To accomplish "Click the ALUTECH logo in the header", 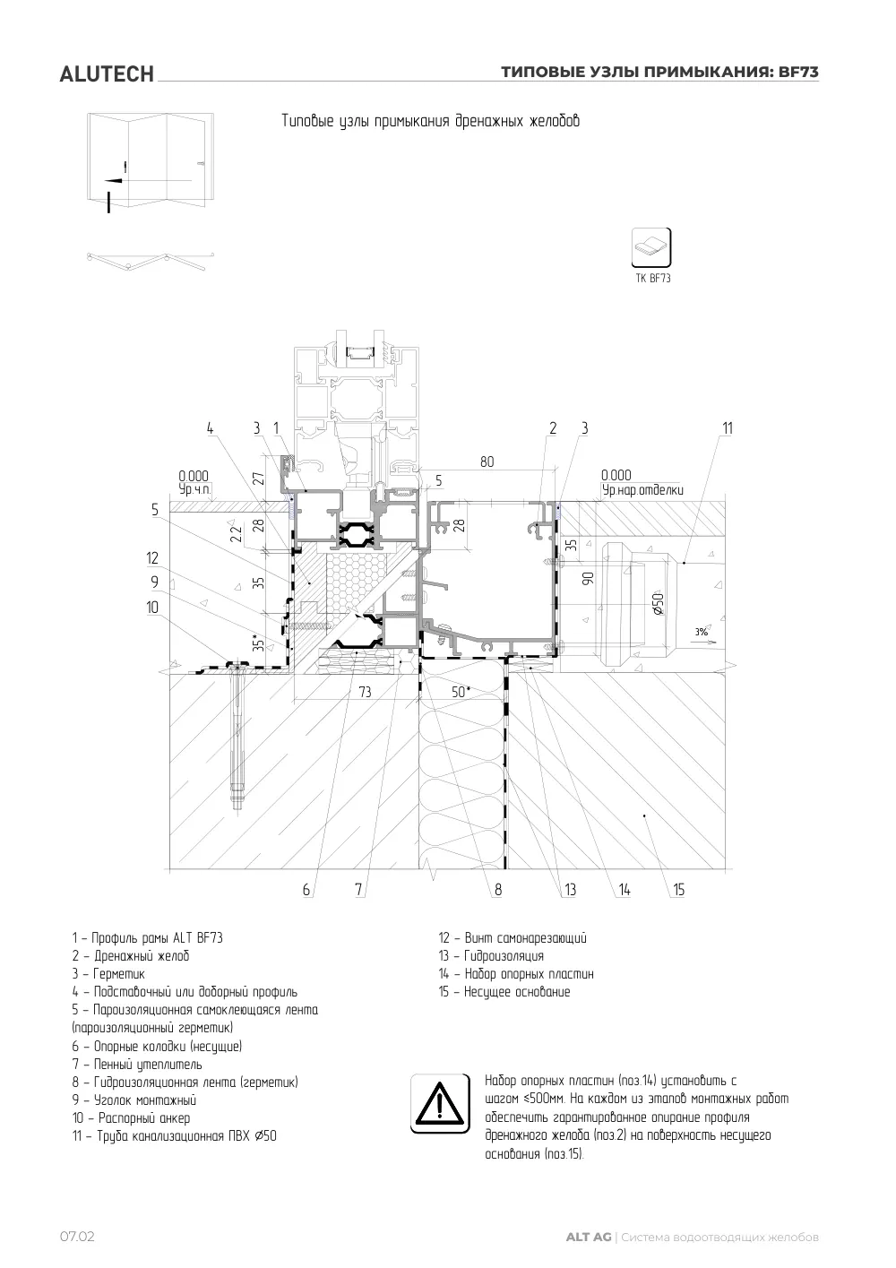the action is [107, 74].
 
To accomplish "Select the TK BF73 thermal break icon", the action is [651, 247].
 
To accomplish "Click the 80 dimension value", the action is [487, 461].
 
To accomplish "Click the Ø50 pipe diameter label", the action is [658, 603].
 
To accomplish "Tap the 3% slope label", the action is [702, 632].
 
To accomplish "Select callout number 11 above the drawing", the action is [728, 428].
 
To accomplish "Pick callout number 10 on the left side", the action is [152, 608].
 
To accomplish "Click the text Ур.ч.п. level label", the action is [194, 489].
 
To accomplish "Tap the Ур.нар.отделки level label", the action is [642, 490].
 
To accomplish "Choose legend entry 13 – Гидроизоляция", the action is [491, 956].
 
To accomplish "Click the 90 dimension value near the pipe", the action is [589, 578].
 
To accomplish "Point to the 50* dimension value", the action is [461, 691].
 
